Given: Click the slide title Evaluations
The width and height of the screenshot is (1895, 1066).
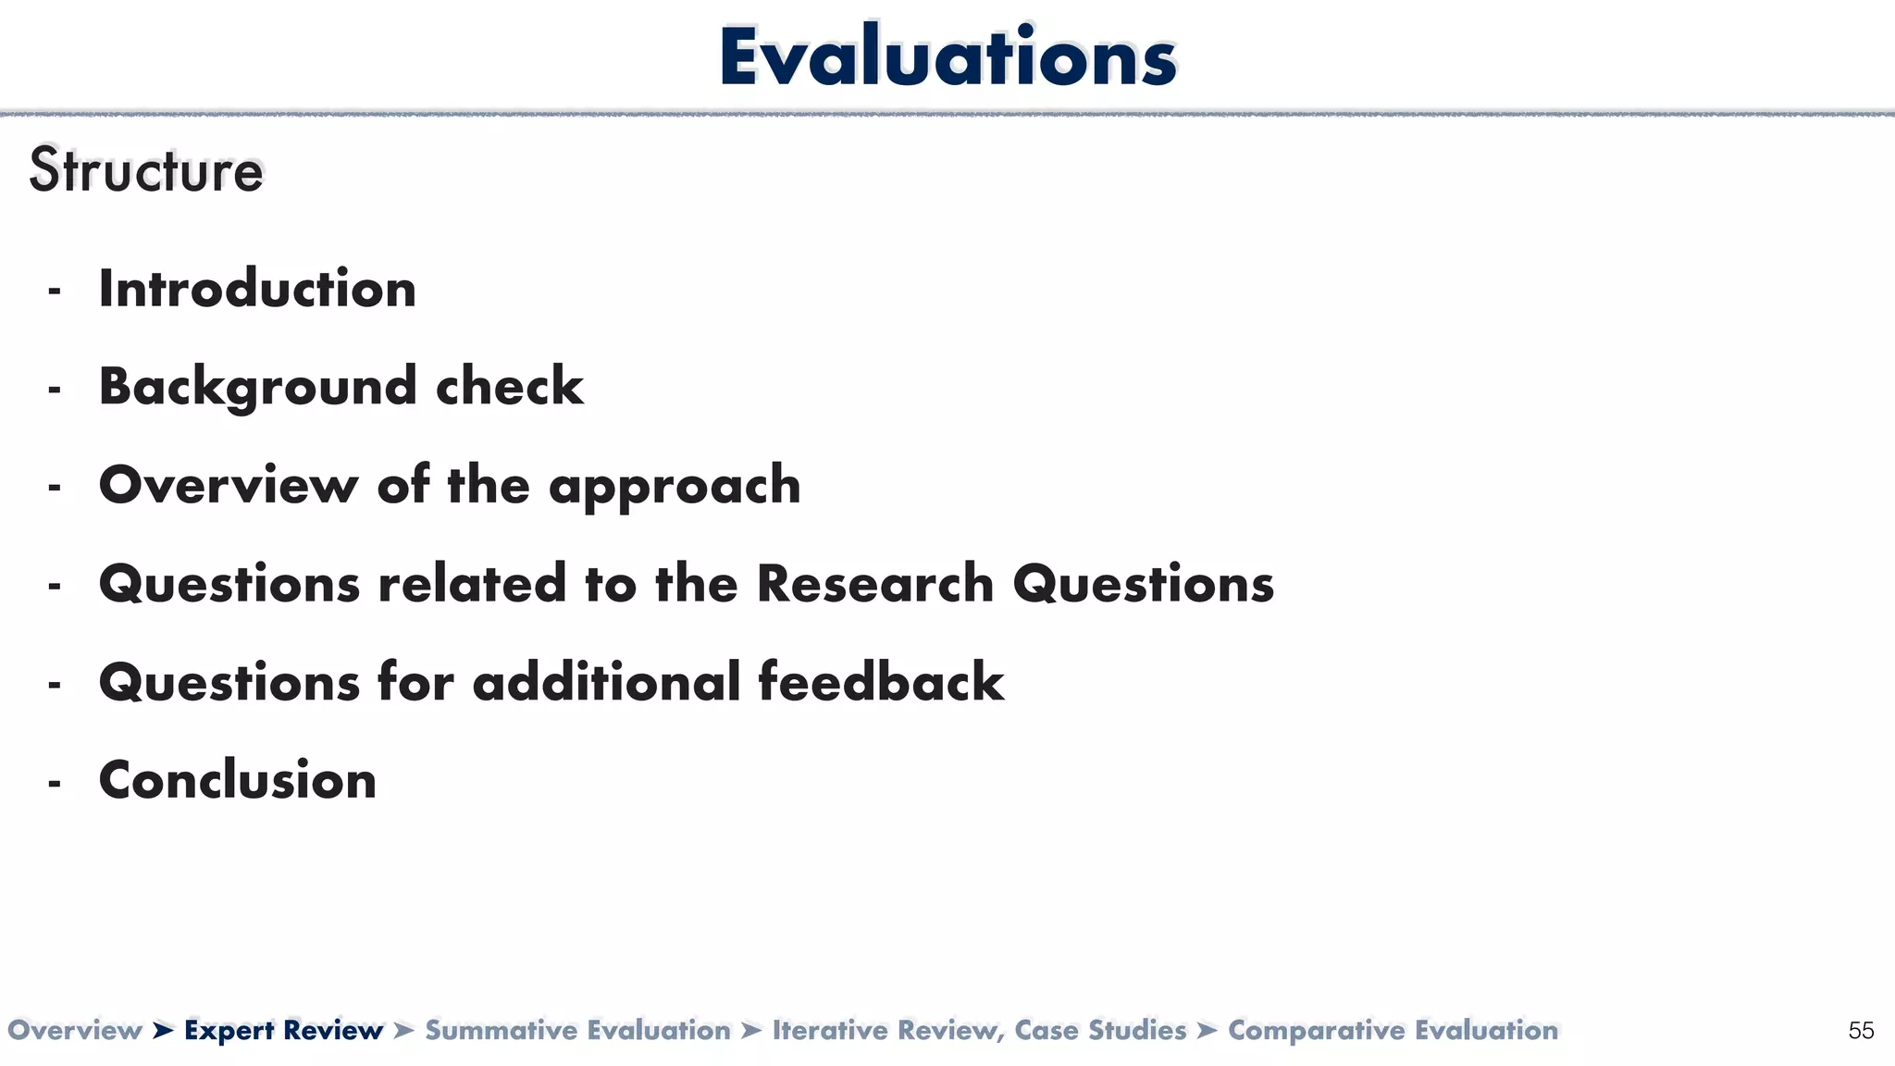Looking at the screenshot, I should (x=947, y=57).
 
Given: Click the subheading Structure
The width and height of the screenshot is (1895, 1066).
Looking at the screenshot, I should (x=146, y=171).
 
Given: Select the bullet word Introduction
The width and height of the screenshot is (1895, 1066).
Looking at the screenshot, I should (x=257, y=289).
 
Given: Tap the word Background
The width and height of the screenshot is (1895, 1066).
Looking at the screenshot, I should (x=257, y=387).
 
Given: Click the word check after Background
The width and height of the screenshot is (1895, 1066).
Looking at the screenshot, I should (x=509, y=387).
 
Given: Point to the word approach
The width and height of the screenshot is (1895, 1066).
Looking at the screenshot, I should (x=675, y=487).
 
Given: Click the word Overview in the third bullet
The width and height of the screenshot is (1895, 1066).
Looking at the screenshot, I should (x=229, y=485).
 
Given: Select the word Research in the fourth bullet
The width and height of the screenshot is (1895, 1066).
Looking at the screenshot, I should (x=874, y=584).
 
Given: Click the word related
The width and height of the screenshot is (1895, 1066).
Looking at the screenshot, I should (x=472, y=584).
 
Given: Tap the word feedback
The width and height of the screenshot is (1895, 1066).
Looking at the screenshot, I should (x=880, y=682).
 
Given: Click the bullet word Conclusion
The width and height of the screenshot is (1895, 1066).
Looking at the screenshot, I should (x=238, y=780).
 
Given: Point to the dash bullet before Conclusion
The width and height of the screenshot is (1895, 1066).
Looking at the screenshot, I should (x=55, y=783).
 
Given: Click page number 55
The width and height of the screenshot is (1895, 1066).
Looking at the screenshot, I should (x=1861, y=1031).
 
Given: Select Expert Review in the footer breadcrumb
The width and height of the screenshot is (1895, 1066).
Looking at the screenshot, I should (x=283, y=1031).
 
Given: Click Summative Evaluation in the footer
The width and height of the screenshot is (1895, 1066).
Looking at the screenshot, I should (x=577, y=1031).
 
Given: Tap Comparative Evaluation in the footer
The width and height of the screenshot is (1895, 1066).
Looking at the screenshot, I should (x=1393, y=1031).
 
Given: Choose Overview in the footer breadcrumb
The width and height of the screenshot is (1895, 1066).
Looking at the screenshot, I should (x=74, y=1031).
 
